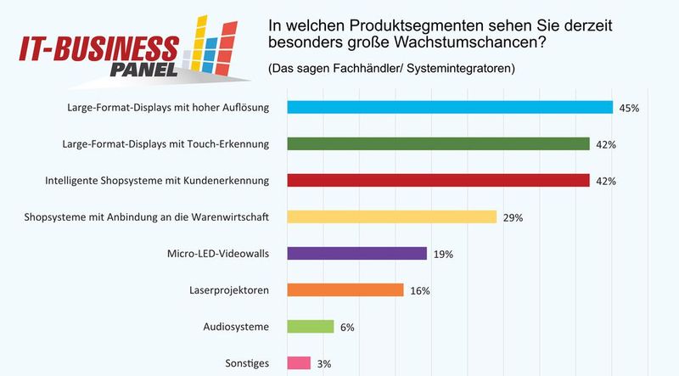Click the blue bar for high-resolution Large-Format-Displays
[x=450, y=107]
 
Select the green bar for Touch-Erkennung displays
[x=438, y=143]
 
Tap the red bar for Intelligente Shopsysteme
[x=438, y=180]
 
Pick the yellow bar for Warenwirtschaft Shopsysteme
[x=391, y=216]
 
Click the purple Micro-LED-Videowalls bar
[x=356, y=253]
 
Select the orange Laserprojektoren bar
[x=345, y=289]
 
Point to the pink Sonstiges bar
[x=299, y=362]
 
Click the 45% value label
[x=630, y=108]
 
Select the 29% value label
[x=513, y=217]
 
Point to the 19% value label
[x=444, y=254]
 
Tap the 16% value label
[x=420, y=290]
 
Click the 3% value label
[x=325, y=363]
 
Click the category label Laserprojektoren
[x=228, y=290]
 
